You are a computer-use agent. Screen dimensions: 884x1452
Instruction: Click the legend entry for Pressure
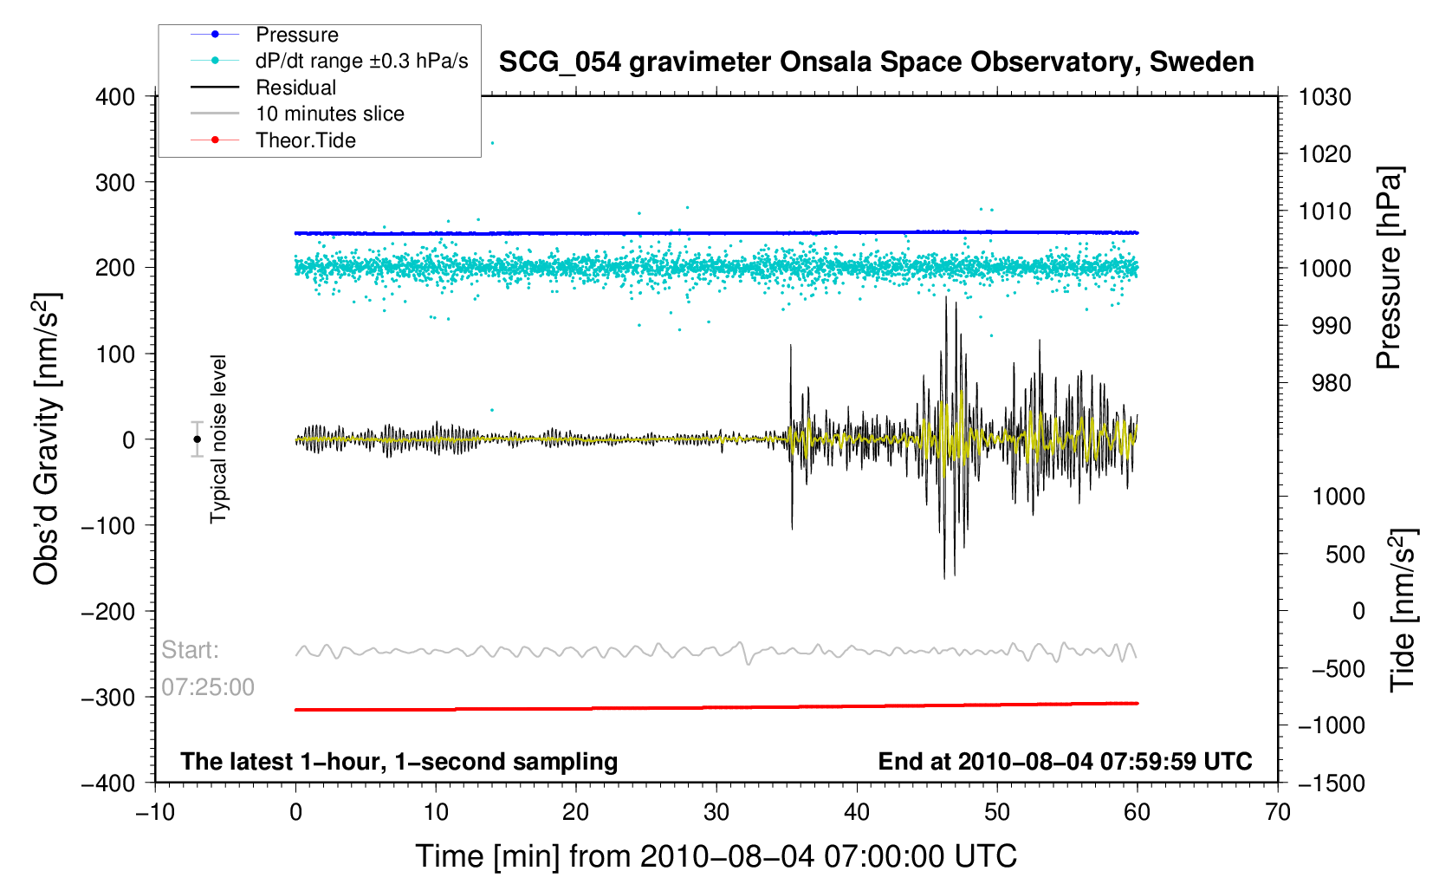296,35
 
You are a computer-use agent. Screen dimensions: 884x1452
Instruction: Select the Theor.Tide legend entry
305,140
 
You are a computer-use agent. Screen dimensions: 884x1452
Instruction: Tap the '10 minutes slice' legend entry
329,114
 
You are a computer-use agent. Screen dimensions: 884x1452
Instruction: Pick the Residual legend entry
295,88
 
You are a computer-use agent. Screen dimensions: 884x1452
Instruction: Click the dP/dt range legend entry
361,61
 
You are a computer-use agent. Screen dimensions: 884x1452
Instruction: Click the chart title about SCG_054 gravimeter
876,62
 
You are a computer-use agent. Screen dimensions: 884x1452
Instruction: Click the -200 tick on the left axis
108,612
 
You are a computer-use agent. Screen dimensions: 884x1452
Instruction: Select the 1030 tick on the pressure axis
1325,97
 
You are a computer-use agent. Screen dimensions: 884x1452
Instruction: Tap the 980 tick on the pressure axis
1325,383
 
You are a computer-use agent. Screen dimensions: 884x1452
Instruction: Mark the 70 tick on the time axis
1277,812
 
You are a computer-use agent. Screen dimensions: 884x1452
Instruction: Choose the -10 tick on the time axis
155,812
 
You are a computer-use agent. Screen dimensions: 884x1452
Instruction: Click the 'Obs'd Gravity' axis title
47,439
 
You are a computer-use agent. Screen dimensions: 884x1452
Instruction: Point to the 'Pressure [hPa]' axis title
1389,269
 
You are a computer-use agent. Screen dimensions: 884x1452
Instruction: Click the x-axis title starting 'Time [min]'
716,856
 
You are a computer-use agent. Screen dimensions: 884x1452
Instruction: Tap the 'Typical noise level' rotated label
218,439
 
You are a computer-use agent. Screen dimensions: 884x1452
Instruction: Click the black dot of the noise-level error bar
197,439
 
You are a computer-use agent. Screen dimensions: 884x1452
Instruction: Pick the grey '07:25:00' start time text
208,687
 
